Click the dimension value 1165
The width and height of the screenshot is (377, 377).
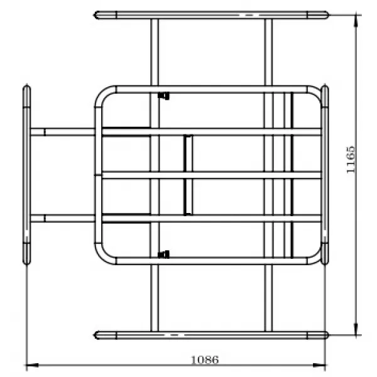(x=351, y=159)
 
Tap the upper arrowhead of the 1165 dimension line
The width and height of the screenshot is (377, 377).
(x=356, y=18)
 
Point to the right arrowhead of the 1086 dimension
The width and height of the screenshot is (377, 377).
(x=322, y=364)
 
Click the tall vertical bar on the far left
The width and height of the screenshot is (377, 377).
(x=26, y=175)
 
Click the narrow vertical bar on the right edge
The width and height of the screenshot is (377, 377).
(x=325, y=175)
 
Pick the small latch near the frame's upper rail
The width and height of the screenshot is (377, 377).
(x=165, y=96)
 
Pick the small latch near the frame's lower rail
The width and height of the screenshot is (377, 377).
(x=165, y=254)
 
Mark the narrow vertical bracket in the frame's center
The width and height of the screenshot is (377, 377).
(x=187, y=175)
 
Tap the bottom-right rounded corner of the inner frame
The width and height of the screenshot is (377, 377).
(x=314, y=256)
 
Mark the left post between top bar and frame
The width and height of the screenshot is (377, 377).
(x=154, y=53)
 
